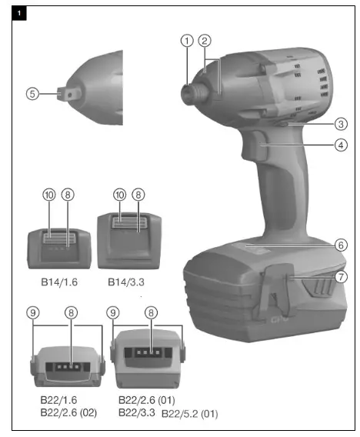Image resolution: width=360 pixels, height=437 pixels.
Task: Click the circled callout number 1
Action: point(186,41)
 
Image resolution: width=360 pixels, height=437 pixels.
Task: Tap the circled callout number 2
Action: point(204,41)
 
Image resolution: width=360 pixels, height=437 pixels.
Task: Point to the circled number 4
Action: point(340,144)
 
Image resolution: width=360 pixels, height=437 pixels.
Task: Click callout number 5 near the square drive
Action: point(32,93)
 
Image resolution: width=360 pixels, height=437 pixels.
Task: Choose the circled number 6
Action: point(340,245)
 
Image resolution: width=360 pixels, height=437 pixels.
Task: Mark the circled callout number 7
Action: point(340,275)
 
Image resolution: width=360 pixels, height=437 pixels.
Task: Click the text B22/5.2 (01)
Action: point(190,414)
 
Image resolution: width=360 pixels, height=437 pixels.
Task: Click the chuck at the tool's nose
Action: point(188,90)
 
